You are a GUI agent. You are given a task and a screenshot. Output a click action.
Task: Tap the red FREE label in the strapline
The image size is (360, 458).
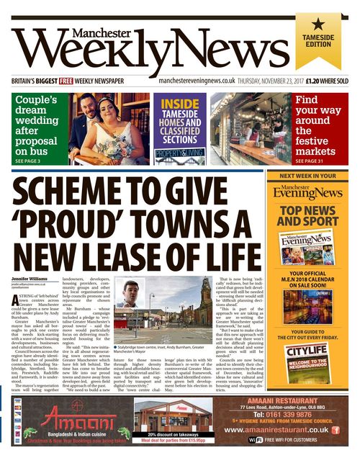coord(68,81)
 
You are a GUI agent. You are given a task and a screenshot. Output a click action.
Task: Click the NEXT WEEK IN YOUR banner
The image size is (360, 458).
coord(321,175)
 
